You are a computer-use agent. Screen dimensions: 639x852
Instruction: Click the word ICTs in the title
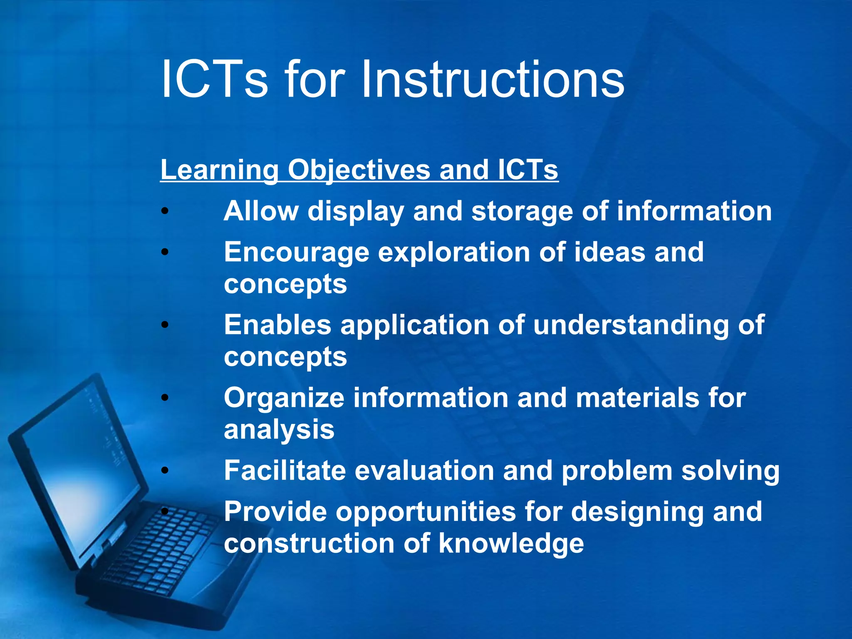[x=214, y=79]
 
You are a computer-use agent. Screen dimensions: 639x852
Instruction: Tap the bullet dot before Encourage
[x=165, y=252]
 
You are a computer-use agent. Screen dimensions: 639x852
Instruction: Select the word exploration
[x=454, y=252]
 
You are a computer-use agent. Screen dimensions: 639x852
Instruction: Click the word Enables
[x=277, y=325]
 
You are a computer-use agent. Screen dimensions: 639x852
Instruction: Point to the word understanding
[x=631, y=325]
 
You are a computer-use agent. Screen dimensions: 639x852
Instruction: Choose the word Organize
[x=284, y=398]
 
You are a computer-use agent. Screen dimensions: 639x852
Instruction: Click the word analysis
[x=279, y=430]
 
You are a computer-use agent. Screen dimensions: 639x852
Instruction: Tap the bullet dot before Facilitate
[x=165, y=471]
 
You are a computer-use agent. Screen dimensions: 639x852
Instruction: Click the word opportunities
[x=426, y=512]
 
